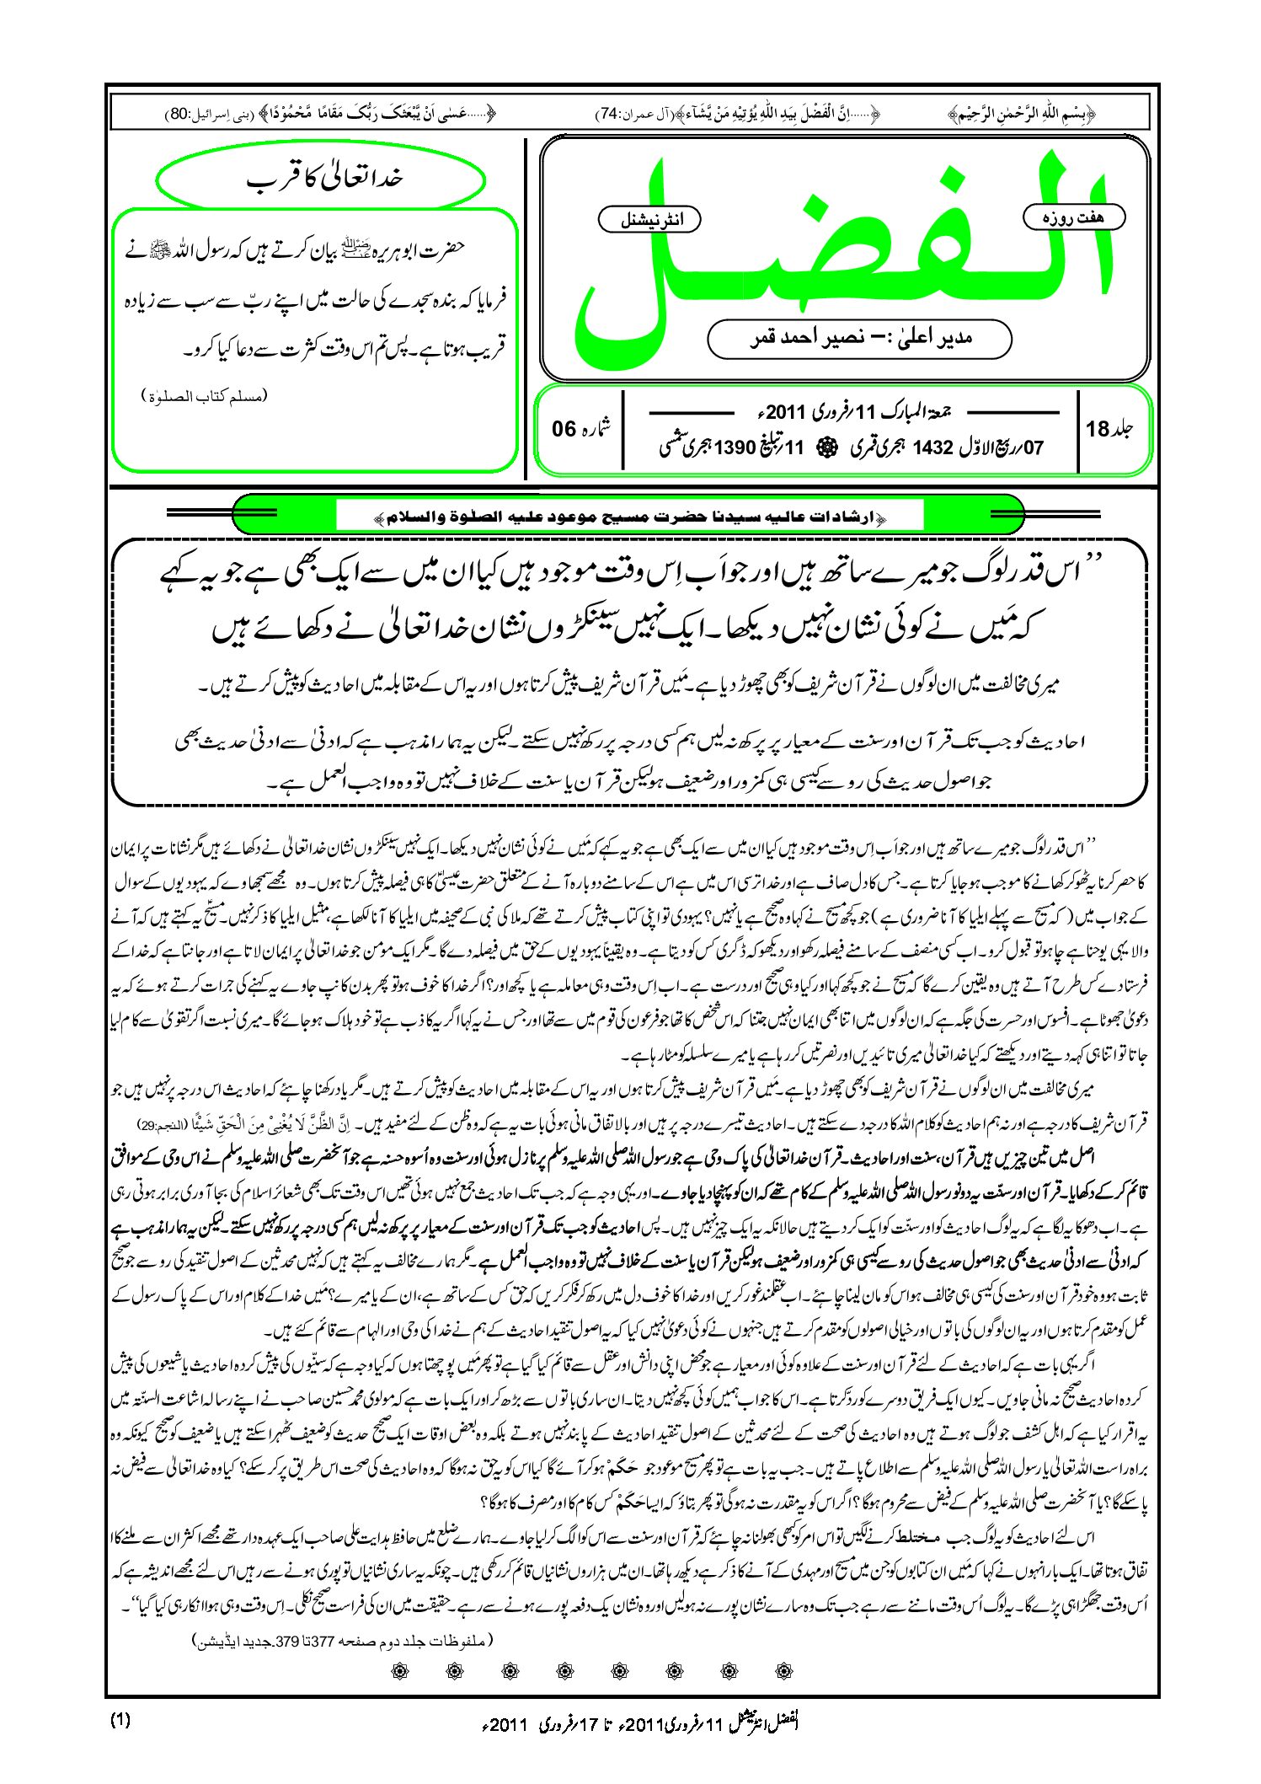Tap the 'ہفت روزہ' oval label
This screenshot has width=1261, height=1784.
pos(1073,217)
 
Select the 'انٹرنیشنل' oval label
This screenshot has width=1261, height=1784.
pos(649,220)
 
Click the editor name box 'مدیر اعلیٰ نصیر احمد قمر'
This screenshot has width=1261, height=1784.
pos(859,339)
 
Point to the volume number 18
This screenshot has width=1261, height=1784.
pos(1098,430)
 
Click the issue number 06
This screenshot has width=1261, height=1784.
pos(564,430)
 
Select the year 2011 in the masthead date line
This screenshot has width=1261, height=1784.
pos(787,413)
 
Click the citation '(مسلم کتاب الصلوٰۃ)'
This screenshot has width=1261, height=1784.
pos(205,396)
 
